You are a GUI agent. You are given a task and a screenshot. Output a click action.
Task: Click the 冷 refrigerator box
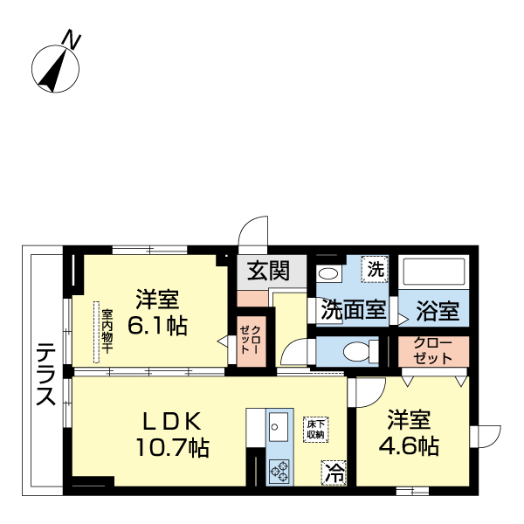tap(334, 474)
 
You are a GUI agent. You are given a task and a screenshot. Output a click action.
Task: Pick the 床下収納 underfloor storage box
tap(315, 428)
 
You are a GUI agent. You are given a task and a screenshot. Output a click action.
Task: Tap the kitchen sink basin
tap(279, 426)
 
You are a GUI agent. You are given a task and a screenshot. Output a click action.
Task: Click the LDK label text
tap(172, 419)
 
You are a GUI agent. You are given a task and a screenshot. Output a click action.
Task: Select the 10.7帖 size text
tap(171, 449)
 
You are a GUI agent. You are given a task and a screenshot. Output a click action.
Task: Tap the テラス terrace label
tap(46, 375)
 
